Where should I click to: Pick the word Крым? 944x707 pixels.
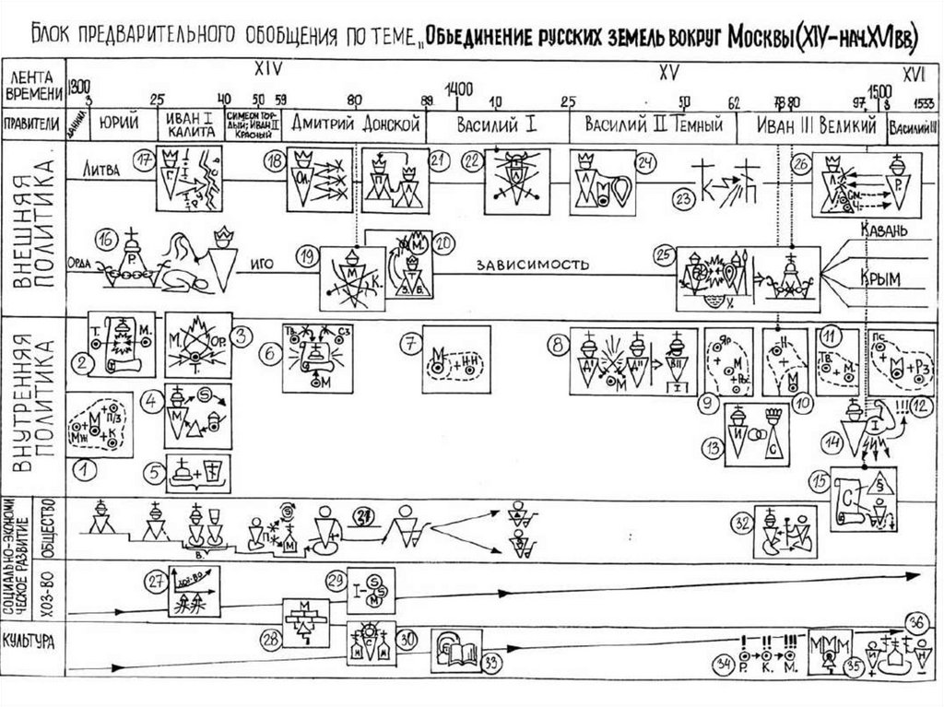pos(883,277)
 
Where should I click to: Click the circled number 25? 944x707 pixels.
pos(660,255)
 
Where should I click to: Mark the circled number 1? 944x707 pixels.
pos(86,471)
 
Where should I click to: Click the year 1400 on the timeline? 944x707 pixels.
pos(458,88)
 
